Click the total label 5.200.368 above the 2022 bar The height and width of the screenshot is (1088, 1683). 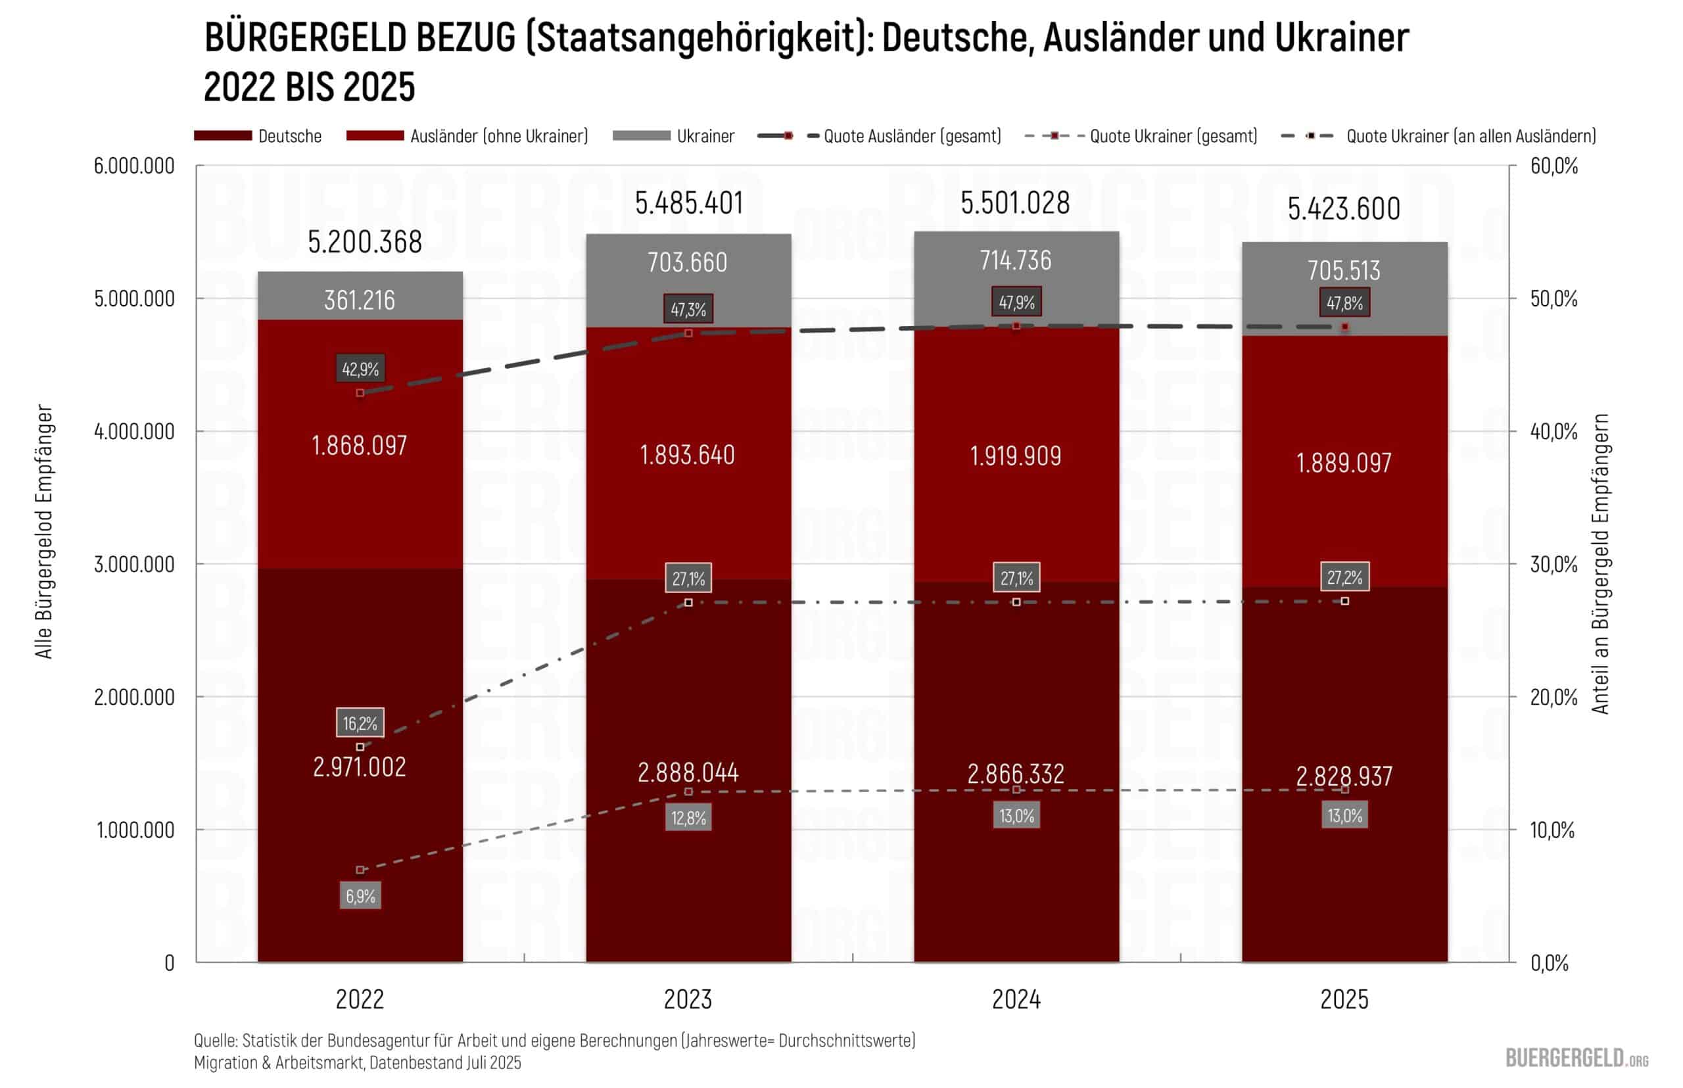click(365, 242)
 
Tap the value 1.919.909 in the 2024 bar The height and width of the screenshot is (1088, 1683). click(1015, 456)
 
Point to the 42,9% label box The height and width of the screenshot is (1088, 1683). click(360, 368)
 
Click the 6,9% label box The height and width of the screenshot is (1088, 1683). click(360, 896)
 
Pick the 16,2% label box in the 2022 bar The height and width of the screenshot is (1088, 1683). click(360, 722)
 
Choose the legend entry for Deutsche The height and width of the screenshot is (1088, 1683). click(258, 135)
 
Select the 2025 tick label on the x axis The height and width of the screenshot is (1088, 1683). click(1344, 999)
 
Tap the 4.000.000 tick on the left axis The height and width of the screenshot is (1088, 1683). click(134, 431)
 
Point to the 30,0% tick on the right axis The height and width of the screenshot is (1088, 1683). click(1553, 564)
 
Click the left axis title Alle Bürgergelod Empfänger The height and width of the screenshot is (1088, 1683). click(44, 531)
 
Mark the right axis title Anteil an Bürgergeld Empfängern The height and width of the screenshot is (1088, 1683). click(1600, 563)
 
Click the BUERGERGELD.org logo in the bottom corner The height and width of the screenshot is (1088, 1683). click(1576, 1058)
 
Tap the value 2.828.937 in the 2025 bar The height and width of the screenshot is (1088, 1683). click(1344, 776)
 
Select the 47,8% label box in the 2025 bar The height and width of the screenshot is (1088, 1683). click(1344, 302)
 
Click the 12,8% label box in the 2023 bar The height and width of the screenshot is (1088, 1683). click(688, 817)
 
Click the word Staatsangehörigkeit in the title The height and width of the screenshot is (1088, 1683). click(696, 37)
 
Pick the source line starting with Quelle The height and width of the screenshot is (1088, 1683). click(554, 1040)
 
